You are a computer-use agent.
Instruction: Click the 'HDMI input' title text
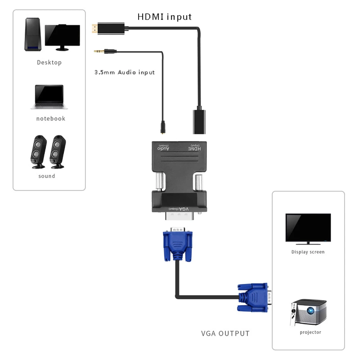pos(165,17)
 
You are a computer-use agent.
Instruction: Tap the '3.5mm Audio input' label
pos(125,72)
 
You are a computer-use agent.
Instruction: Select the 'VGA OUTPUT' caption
pos(225,333)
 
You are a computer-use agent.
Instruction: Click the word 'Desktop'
pos(49,63)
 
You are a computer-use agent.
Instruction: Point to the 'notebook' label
pos(50,118)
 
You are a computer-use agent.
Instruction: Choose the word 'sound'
pos(47,176)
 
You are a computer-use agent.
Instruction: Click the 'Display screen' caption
pos(308,252)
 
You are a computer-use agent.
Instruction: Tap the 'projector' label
pos(310,332)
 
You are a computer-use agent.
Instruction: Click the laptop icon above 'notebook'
pos(49,96)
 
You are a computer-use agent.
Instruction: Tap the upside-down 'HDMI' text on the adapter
pos(195,148)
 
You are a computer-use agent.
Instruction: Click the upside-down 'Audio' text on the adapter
pos(163,148)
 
